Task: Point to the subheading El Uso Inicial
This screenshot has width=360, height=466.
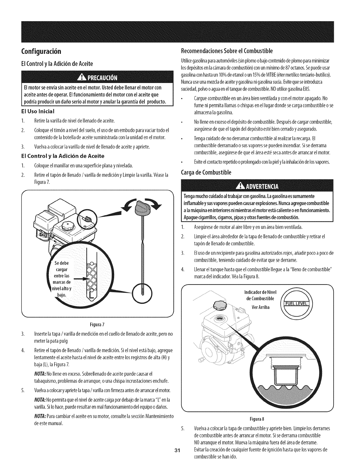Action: tap(37, 111)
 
